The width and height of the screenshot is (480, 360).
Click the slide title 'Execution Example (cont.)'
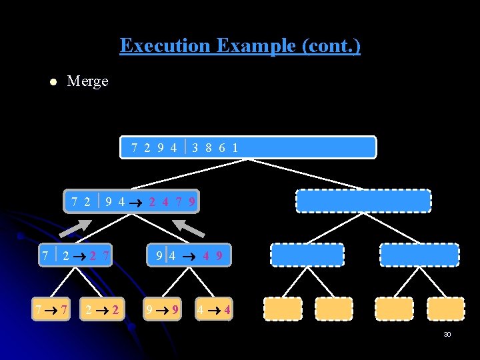click(x=240, y=46)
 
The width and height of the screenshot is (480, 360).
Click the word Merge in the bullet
click(x=87, y=81)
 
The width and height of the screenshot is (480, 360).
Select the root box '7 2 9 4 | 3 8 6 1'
click(x=248, y=147)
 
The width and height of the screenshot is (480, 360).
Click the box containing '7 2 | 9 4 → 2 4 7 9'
click(x=131, y=201)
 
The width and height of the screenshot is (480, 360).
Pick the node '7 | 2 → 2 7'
click(x=75, y=255)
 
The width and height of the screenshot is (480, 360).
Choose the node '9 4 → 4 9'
click(x=189, y=255)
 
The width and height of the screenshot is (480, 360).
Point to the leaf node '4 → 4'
click(x=213, y=309)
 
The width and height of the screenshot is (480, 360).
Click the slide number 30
click(x=447, y=335)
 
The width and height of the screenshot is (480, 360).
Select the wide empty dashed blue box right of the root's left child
click(x=363, y=201)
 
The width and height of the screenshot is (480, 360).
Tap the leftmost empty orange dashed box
click(x=283, y=309)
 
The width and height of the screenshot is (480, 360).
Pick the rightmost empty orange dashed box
click(x=445, y=309)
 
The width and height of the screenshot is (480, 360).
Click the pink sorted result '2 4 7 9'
click(x=172, y=201)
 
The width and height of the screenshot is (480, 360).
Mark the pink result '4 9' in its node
click(x=213, y=255)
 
